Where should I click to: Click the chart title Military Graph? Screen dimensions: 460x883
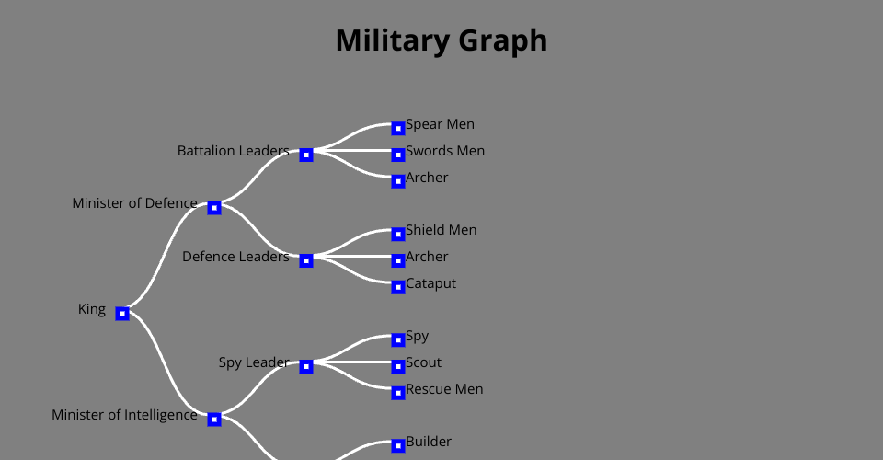point(441,40)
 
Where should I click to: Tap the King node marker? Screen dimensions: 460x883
point(122,314)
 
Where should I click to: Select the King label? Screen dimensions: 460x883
point(92,309)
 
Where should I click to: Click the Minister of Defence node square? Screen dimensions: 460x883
point(214,208)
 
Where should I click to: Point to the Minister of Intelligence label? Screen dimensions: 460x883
point(124,415)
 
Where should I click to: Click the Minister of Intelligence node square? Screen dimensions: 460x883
point(214,420)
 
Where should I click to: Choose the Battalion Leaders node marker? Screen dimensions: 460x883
point(306,155)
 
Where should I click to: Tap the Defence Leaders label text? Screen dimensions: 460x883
point(235,257)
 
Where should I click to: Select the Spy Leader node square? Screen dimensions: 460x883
point(306,366)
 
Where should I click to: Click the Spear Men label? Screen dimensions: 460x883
point(440,124)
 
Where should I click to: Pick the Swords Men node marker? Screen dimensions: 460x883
point(398,155)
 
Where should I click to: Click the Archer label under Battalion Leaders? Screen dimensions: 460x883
point(427,178)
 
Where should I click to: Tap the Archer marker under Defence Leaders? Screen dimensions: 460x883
point(398,260)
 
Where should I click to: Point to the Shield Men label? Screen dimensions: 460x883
point(441,230)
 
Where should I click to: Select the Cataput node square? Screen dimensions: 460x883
point(398,287)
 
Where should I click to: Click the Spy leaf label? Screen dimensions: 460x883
point(417,336)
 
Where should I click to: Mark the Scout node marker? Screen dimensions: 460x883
point(398,366)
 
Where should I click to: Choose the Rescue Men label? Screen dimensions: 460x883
point(444,389)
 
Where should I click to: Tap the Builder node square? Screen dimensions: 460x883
point(398,446)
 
